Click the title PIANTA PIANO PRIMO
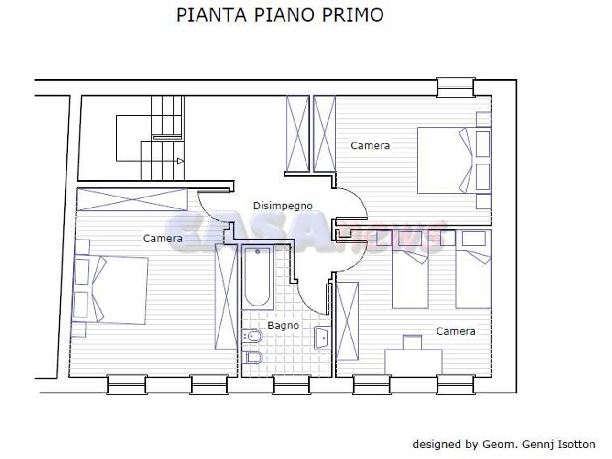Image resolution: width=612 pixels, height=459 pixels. (x=280, y=15)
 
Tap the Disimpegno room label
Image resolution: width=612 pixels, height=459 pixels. (x=283, y=206)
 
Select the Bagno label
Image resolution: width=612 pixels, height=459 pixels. (x=283, y=326)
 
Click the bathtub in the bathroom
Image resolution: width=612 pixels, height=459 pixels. (x=258, y=276)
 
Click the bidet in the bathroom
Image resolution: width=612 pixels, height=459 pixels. (x=252, y=337)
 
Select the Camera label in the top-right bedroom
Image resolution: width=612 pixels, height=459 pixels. (x=370, y=145)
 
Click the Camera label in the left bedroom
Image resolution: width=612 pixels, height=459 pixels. (x=163, y=238)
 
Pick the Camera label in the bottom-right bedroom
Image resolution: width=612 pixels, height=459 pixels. (x=456, y=331)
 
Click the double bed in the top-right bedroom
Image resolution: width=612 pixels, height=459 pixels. (x=447, y=160)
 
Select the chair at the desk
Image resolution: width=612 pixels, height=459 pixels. (x=412, y=342)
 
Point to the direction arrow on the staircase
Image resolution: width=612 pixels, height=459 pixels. (x=180, y=161)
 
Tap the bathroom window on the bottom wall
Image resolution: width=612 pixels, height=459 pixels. (x=291, y=384)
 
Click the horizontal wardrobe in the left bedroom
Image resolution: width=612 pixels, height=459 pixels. (x=132, y=199)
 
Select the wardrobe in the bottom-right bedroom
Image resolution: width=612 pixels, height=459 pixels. (x=347, y=320)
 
